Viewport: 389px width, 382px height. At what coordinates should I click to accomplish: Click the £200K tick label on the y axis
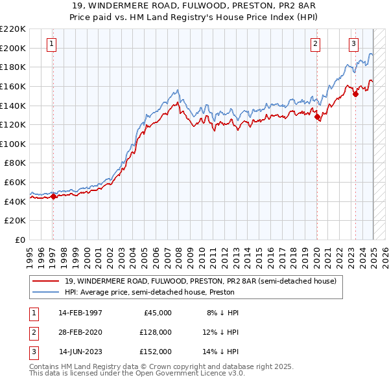14,48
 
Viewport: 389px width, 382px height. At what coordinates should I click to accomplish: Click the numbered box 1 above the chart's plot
51,44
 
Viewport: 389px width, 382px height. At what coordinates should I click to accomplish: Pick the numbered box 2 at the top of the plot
315,44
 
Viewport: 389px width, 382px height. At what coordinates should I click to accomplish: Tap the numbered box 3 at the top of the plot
354,44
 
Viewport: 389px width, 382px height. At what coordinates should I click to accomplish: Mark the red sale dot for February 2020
317,117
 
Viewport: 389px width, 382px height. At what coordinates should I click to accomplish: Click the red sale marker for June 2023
355,95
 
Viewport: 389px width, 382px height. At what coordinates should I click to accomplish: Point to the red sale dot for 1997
53,197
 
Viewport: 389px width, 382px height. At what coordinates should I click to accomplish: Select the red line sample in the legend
45,282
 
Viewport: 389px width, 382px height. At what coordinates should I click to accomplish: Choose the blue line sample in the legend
45,292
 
